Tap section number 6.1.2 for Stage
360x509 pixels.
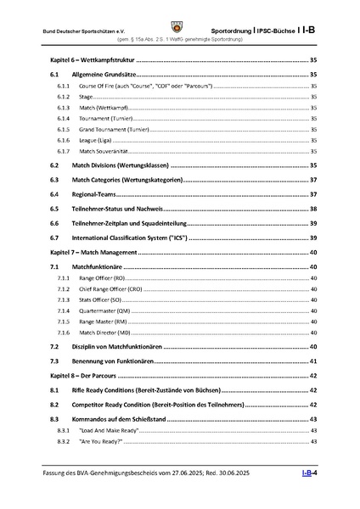(64, 98)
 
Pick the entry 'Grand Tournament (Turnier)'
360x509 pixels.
(115, 128)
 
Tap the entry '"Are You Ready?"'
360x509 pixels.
(100, 442)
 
